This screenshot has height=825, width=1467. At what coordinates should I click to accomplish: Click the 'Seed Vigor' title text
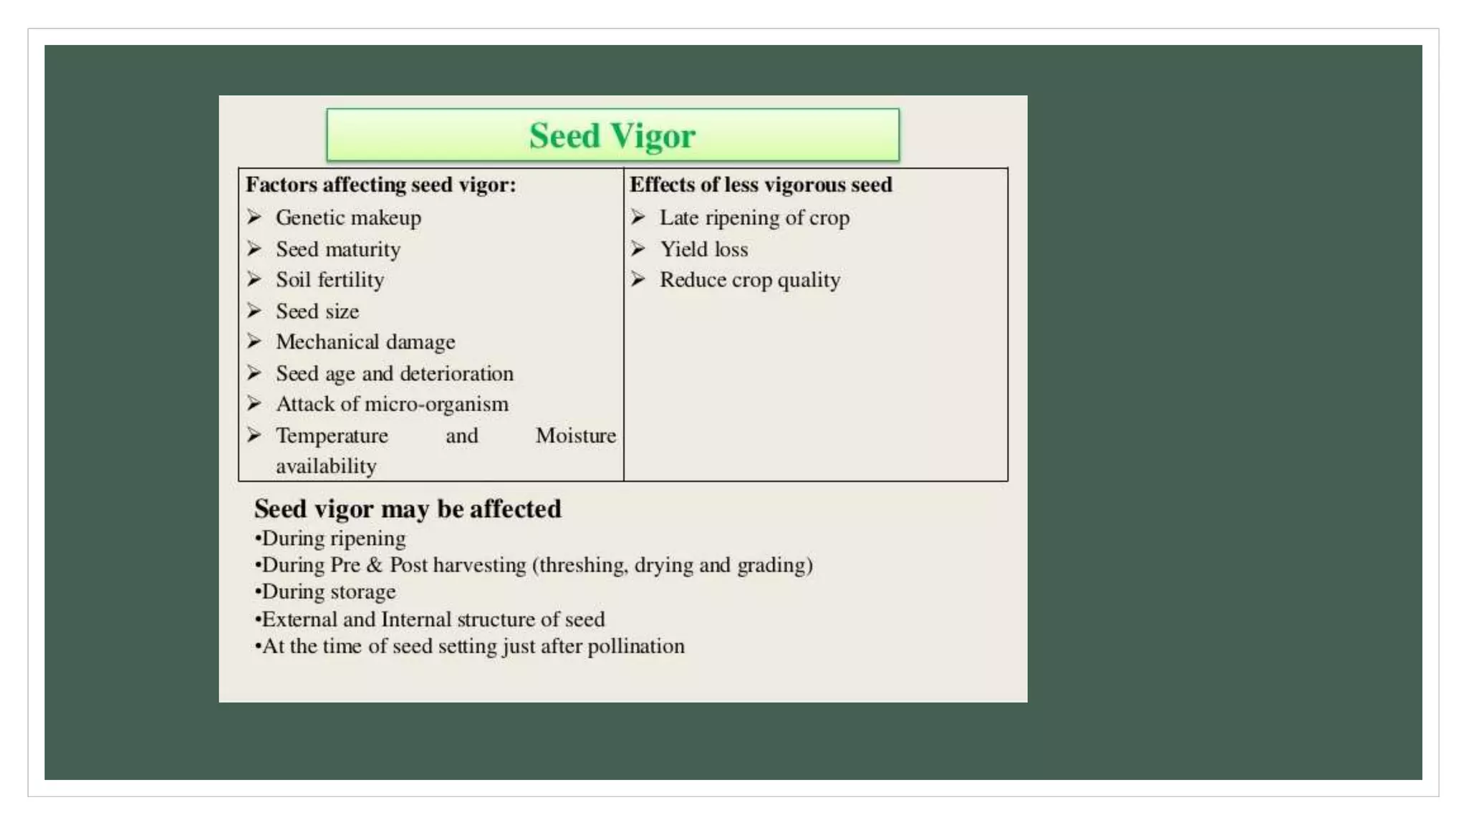(612, 135)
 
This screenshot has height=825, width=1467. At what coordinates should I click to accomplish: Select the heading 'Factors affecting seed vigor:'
(380, 185)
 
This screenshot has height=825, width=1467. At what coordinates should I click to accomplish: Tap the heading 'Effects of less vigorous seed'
(761, 185)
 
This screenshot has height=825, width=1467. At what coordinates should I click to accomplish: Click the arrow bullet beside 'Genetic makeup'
(254, 216)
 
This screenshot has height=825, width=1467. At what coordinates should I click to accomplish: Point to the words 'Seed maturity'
(338, 249)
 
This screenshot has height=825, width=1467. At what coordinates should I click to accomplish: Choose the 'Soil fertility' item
(330, 280)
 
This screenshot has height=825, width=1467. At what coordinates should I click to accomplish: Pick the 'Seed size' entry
(317, 312)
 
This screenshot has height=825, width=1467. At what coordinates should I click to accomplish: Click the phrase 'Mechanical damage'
(365, 342)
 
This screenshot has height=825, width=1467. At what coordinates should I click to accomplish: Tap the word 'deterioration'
(456, 374)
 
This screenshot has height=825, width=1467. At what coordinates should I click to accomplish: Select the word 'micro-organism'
(436, 405)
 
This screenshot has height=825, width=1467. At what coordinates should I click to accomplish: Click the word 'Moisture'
(575, 435)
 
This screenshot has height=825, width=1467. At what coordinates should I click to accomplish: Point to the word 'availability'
(326, 466)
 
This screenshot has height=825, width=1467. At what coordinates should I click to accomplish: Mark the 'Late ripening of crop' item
(754, 218)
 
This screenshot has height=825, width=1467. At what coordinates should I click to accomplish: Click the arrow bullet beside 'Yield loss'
(638, 249)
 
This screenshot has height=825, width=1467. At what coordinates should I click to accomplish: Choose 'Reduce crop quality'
(749, 280)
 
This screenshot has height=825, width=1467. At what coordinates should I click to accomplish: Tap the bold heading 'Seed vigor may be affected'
(408, 509)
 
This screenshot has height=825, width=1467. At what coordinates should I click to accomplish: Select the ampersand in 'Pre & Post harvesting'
(374, 565)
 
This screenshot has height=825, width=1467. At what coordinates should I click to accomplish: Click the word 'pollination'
(635, 646)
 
